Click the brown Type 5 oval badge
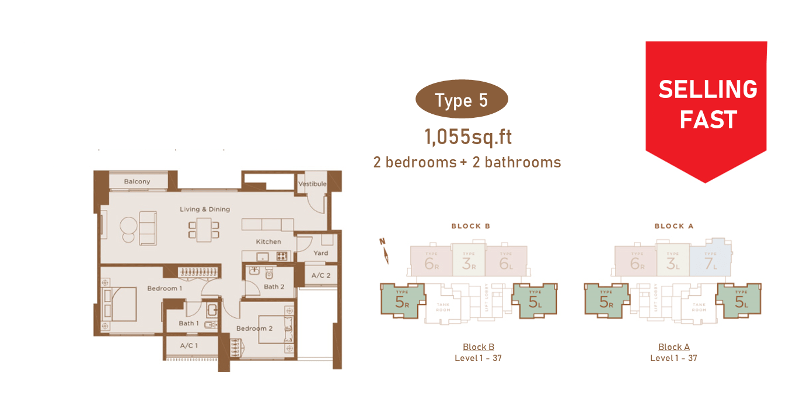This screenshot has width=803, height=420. click(x=461, y=100)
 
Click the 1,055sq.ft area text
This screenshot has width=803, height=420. click(x=468, y=137)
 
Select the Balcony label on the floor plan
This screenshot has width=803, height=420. click(x=137, y=181)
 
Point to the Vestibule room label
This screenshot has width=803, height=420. click(x=312, y=184)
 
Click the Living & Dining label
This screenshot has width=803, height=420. click(x=204, y=209)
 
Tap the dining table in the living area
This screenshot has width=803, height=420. click(x=204, y=230)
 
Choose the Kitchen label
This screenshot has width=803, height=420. click(x=268, y=242)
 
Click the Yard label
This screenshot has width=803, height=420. click(x=320, y=253)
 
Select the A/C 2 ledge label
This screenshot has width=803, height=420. click(x=321, y=275)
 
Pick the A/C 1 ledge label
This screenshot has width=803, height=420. click(x=188, y=345)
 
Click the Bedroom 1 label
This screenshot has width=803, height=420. click(x=165, y=288)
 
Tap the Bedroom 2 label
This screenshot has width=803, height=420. click(x=254, y=328)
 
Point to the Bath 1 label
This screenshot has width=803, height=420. click(x=189, y=323)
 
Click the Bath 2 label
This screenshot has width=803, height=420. click(x=274, y=286)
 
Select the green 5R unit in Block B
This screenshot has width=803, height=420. click(x=402, y=301)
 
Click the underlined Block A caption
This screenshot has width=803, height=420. click(x=673, y=347)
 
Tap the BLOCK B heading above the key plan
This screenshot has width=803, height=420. click(x=470, y=226)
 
